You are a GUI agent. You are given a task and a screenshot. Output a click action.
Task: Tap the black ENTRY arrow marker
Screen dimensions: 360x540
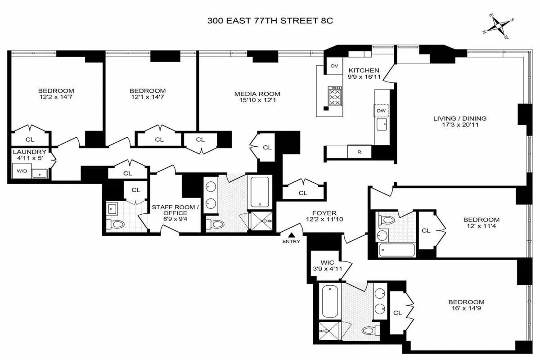click(292, 235)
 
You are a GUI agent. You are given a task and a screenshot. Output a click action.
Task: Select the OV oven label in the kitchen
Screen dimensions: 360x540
click(334, 66)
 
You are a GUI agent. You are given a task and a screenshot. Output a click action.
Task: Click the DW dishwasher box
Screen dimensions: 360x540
click(381, 111)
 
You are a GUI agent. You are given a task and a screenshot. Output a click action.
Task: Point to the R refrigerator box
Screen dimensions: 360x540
click(359, 152)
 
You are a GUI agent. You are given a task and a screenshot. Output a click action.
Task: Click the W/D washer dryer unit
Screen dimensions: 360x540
click(21, 171)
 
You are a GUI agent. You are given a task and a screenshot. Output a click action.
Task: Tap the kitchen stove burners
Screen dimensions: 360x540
click(335, 96)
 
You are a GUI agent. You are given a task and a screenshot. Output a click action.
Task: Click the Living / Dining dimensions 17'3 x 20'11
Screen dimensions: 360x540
click(459, 126)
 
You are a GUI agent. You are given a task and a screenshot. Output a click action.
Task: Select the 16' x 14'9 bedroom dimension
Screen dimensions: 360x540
click(466, 309)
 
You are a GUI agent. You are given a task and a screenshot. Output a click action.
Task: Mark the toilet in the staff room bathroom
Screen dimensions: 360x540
click(118, 224)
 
